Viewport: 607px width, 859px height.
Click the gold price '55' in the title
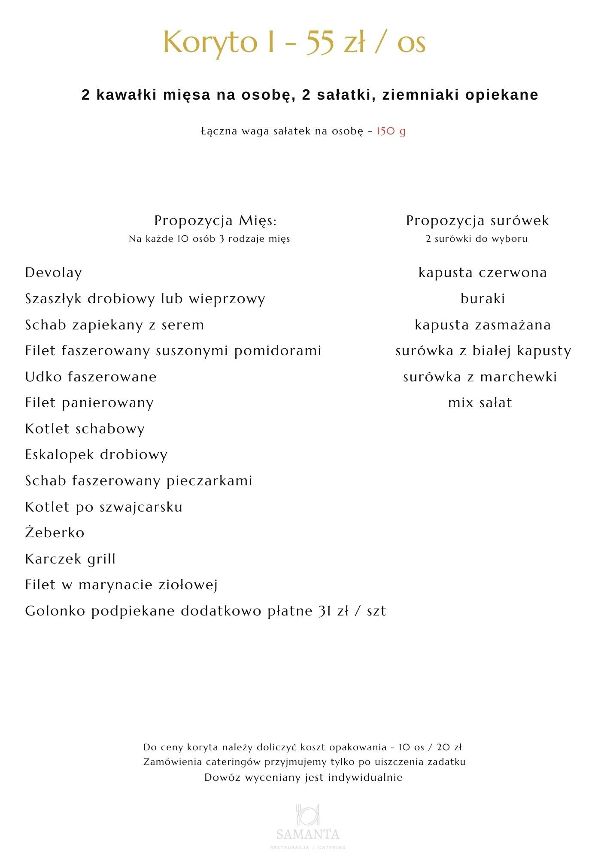pyautogui.click(x=320, y=42)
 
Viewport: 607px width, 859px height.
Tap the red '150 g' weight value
pyautogui.click(x=391, y=131)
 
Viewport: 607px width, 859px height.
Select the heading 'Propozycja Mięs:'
pyautogui.click(x=215, y=220)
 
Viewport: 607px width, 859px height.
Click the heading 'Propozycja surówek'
pyautogui.click(x=477, y=220)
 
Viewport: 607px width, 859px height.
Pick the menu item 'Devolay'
pyautogui.click(x=53, y=273)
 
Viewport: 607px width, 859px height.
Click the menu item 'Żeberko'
pyautogui.click(x=55, y=533)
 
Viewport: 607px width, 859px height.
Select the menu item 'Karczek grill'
pyautogui.click(x=70, y=559)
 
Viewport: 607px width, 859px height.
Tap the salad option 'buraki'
pyautogui.click(x=483, y=299)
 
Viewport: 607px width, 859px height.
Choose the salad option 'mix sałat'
pyautogui.click(x=480, y=403)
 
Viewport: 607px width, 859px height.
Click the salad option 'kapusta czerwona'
pyautogui.click(x=483, y=273)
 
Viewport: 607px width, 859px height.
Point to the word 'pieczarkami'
pyautogui.click(x=209, y=481)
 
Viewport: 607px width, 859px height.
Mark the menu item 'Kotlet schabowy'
pyautogui.click(x=85, y=429)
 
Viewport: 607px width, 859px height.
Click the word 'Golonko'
pyautogui.click(x=55, y=611)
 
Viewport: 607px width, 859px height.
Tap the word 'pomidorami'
pyautogui.click(x=278, y=351)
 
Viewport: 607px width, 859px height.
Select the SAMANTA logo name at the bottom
pyautogui.click(x=308, y=835)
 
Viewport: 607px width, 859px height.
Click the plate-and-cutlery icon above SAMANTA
pyautogui.click(x=308, y=814)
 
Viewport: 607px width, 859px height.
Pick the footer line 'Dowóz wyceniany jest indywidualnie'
pyautogui.click(x=303, y=777)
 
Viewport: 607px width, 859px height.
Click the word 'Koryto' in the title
pyautogui.click(x=210, y=42)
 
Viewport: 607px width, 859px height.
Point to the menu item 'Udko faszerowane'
pyautogui.click(x=91, y=377)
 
